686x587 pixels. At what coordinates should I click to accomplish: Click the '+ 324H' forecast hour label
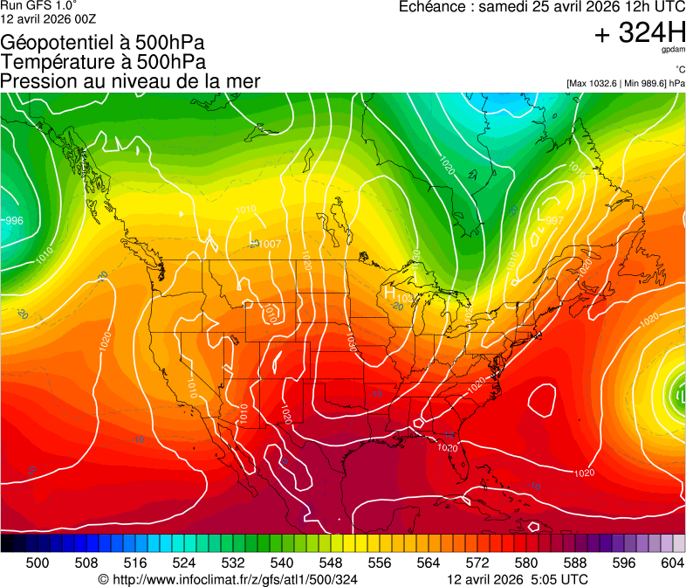pyautogui.click(x=640, y=33)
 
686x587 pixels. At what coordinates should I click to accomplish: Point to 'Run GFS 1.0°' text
pyautogui.click(x=38, y=5)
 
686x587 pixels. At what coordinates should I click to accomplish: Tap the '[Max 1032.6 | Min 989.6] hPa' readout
pyautogui.click(x=626, y=83)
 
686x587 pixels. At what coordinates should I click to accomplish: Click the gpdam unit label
pyautogui.click(x=672, y=50)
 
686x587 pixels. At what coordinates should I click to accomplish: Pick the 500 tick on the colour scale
pyautogui.click(x=38, y=562)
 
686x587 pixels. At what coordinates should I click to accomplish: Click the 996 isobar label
pyautogui.click(x=13, y=221)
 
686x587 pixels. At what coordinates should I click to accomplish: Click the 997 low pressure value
pyautogui.click(x=554, y=221)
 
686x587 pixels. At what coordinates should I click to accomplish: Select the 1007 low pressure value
pyautogui.click(x=270, y=244)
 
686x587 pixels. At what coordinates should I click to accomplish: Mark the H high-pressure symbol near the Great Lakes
pyautogui.click(x=390, y=293)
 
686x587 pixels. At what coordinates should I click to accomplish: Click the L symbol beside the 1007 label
pyautogui.click(x=252, y=237)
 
